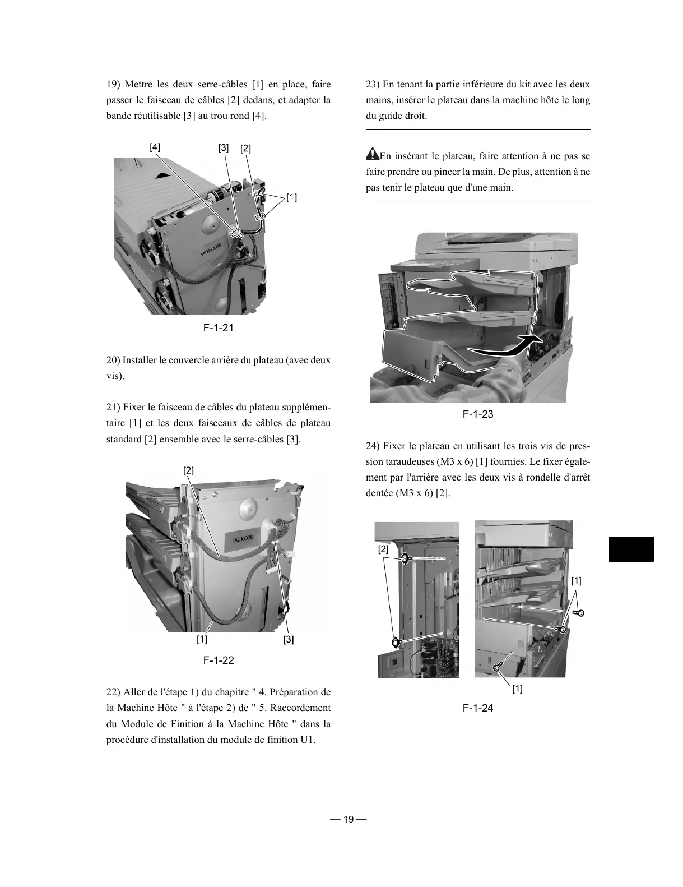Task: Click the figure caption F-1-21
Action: (218, 327)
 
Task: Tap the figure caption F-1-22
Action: (218, 660)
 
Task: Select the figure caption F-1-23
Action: (478, 414)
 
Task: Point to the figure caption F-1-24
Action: (478, 708)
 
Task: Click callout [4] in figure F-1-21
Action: (155, 147)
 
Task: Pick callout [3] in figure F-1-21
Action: (224, 148)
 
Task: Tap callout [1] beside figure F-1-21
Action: (291, 197)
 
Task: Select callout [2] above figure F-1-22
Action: (189, 470)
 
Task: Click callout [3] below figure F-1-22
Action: (289, 639)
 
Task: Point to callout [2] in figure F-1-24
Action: (383, 549)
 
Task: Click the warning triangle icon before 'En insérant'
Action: (372, 154)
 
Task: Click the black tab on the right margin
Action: (631, 549)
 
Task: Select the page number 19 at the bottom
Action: (348, 819)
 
